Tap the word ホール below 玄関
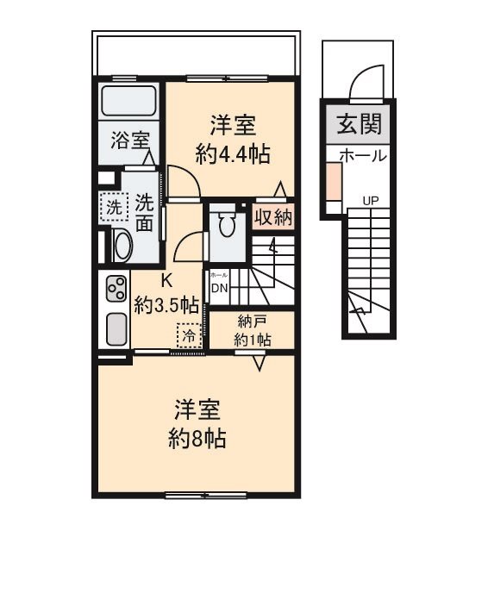(x=362, y=156)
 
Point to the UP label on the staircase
(x=371, y=201)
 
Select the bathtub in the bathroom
(x=128, y=101)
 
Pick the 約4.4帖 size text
(x=234, y=154)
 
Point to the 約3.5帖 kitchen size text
(x=166, y=304)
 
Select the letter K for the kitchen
(x=167, y=280)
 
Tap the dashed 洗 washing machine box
(x=113, y=207)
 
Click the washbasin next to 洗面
(x=120, y=246)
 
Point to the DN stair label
(x=218, y=288)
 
